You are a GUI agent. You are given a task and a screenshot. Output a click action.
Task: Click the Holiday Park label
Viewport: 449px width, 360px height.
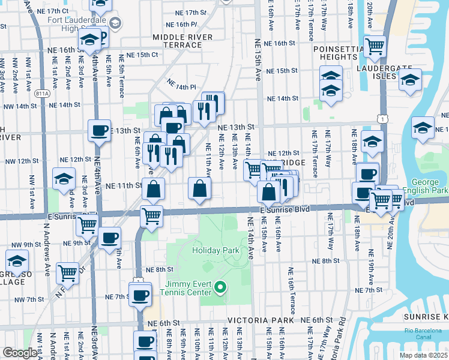coord(211,250)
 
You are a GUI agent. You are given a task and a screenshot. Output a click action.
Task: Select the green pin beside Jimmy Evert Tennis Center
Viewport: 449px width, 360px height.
coord(220,289)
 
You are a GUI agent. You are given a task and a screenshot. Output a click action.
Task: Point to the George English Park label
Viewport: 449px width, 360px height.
coord(430,187)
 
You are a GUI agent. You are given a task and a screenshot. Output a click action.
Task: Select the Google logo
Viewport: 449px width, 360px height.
coord(20,352)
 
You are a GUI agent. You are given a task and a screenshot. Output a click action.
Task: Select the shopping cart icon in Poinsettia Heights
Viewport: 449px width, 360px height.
coord(375,46)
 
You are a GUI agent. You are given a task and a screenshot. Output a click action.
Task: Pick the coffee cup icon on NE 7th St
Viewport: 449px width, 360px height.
coord(140,295)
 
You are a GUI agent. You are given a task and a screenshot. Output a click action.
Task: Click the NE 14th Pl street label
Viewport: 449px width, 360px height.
coord(181,85)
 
